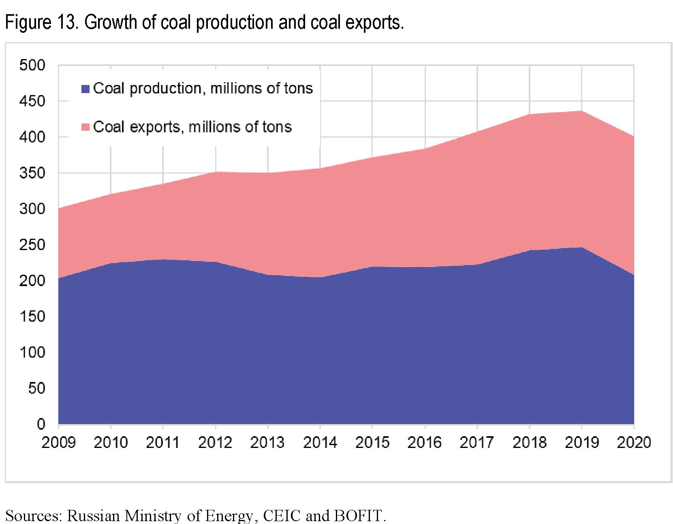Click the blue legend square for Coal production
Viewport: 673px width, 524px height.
click(85, 89)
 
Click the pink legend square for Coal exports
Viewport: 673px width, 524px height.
click(85, 127)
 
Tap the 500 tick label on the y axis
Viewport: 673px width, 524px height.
click(32, 65)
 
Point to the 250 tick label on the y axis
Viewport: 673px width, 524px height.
click(32, 245)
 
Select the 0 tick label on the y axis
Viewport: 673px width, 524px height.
click(41, 424)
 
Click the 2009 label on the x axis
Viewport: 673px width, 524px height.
click(58, 443)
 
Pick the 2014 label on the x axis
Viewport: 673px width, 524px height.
click(320, 443)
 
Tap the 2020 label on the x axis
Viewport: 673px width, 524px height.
click(634, 443)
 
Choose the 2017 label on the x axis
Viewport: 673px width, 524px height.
click(477, 443)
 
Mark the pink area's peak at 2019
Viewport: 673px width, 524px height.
click(581, 111)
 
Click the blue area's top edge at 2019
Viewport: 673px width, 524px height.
click(581, 247)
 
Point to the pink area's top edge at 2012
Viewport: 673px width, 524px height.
click(216, 172)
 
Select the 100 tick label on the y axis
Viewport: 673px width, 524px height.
click(32, 352)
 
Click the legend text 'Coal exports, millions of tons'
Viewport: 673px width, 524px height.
click(192, 127)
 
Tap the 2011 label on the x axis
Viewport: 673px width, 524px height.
click(163, 443)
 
